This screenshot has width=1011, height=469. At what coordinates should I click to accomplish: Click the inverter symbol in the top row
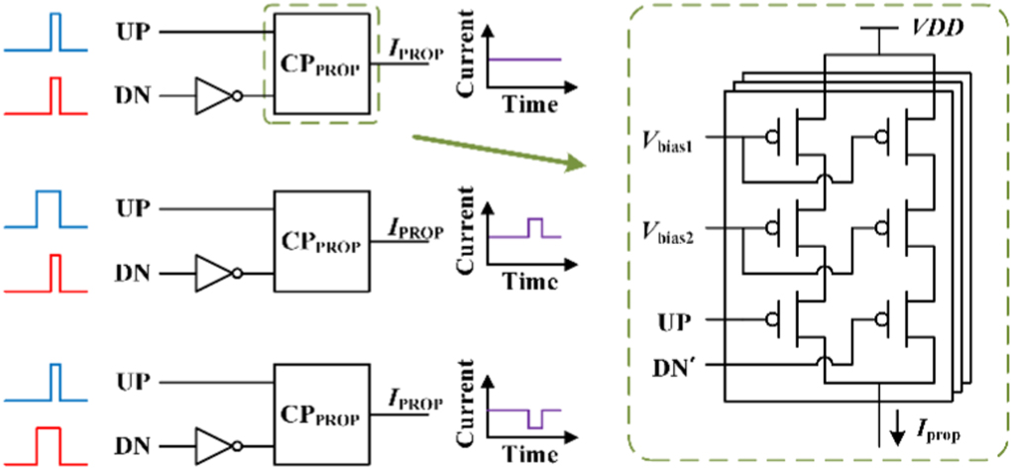coord(218,96)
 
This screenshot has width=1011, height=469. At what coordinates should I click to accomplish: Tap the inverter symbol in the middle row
coord(218,269)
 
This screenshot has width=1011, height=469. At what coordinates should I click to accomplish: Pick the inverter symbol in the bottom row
coord(218,440)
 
